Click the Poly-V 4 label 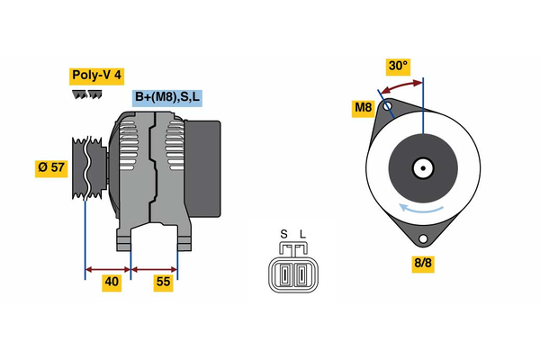click(95, 76)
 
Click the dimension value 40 click(112, 282)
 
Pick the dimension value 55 click(163, 282)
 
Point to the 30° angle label click(397, 66)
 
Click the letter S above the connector click(283, 236)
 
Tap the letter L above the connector click(302, 236)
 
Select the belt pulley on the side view click(88, 171)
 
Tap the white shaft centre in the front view click(423, 167)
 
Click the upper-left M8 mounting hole click(388, 107)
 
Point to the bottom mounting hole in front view click(422, 238)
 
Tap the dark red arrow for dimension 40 click(108, 268)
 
